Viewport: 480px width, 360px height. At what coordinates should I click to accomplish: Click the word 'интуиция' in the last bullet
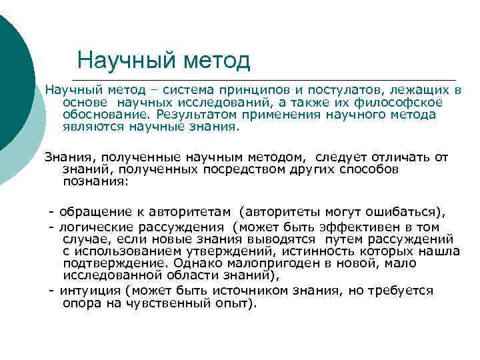click(x=91, y=291)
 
